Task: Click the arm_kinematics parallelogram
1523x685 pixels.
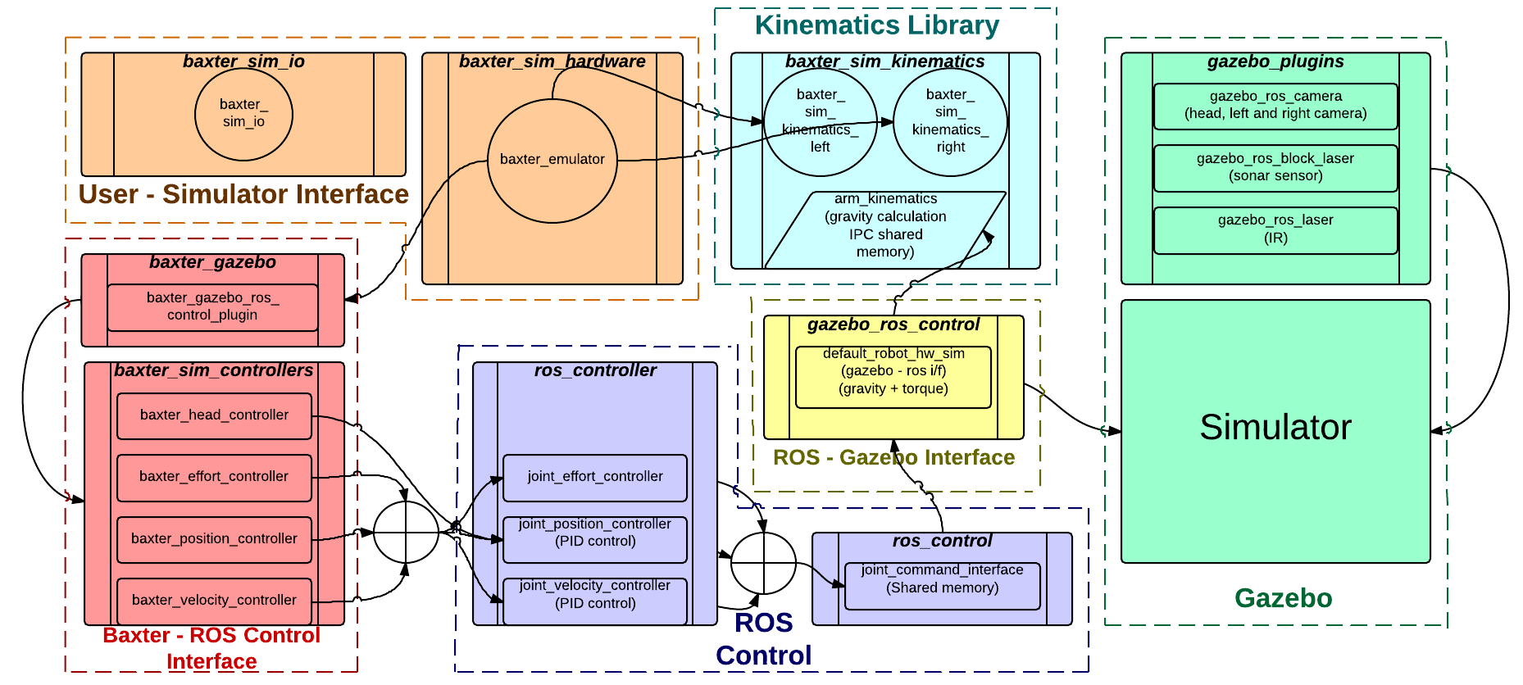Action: (885, 230)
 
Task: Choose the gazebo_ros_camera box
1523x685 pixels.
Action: (1275, 107)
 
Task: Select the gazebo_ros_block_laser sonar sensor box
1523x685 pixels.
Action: (1275, 168)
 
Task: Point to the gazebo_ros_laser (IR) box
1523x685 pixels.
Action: (1275, 230)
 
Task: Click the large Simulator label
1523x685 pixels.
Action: (1275, 427)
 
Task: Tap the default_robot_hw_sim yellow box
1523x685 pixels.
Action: (893, 377)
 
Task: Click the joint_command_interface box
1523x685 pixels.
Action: (943, 586)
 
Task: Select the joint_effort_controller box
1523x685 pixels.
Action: (595, 478)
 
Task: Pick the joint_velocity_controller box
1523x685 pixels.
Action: (595, 601)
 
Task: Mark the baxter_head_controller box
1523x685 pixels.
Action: (214, 416)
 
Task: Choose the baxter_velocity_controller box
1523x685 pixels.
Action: (214, 601)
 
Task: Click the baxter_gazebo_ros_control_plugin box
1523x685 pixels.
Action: (212, 307)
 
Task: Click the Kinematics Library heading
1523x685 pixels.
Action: (877, 25)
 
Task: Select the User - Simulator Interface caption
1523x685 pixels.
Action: (243, 194)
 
